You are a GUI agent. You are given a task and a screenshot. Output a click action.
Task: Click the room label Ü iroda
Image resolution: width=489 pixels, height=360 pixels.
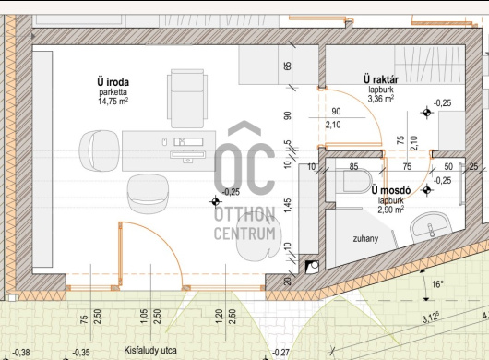(113, 82)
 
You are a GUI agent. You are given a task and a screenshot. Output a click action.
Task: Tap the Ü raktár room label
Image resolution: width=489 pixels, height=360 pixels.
(381, 79)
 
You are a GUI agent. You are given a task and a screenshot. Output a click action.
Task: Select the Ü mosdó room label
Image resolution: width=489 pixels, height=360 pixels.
(391, 190)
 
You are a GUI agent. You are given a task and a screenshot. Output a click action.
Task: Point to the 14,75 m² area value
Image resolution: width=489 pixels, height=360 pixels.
(113, 101)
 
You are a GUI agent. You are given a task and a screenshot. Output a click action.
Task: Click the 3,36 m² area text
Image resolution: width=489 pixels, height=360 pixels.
(381, 99)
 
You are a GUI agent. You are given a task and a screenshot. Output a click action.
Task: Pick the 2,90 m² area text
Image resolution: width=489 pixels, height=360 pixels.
(391, 210)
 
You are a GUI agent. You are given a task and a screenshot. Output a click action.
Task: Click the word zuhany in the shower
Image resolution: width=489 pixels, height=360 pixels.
(365, 239)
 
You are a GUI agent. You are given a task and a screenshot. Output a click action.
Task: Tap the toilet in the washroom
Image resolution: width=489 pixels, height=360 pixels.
(358, 181)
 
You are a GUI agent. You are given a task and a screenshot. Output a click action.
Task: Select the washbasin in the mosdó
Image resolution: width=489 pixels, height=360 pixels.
(431, 228)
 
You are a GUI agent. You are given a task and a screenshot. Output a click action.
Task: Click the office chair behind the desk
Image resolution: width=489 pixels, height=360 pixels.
(187, 98)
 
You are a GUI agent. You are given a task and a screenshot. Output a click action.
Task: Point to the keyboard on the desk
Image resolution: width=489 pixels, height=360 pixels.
(187, 154)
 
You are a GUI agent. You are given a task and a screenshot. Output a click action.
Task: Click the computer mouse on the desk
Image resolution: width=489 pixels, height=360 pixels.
(164, 142)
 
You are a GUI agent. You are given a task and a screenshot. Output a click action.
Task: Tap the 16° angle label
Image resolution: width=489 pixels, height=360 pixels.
(437, 284)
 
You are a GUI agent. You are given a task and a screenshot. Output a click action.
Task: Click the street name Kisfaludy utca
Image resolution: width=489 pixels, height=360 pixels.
(150, 351)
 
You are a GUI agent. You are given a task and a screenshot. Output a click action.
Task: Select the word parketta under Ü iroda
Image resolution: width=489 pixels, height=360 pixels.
(113, 92)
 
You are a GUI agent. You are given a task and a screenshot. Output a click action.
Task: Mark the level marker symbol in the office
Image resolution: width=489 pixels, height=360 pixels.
(216, 202)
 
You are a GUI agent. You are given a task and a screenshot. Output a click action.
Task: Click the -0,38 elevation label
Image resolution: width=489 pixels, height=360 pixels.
(21, 353)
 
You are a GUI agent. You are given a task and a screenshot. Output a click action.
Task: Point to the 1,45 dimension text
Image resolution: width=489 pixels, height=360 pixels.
(288, 206)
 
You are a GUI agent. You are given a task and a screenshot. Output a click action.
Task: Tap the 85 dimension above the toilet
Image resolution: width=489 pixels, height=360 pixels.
(353, 166)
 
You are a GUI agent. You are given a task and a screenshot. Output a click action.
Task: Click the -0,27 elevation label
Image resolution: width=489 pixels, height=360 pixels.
(280, 353)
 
